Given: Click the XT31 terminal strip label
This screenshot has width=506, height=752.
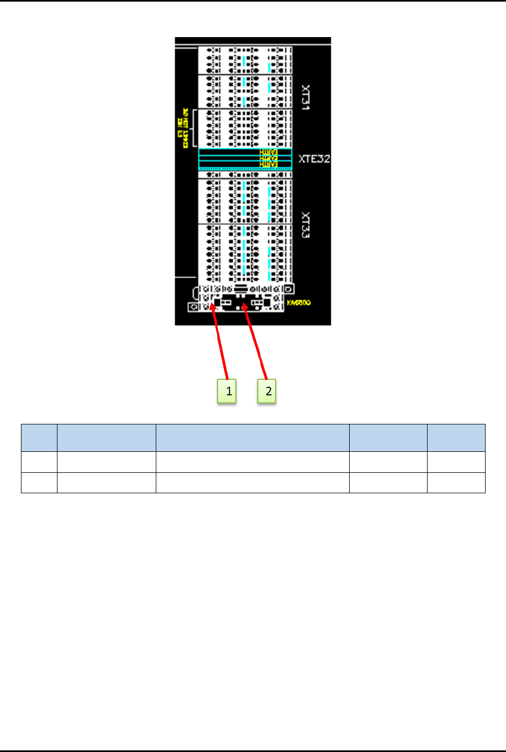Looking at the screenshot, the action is [x=306, y=97].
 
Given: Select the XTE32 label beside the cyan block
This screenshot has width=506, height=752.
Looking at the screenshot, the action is [x=314, y=159].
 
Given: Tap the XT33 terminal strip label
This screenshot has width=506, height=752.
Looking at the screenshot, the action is [x=306, y=225].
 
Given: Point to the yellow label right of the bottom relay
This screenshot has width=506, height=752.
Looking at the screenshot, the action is [x=298, y=303].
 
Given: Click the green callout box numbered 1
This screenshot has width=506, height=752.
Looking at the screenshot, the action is [x=227, y=391].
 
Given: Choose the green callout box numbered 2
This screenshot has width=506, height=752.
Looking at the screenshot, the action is [x=267, y=391].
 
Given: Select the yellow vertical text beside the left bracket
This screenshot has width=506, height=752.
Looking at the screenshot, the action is [x=183, y=128].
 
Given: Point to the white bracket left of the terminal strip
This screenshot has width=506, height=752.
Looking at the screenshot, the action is [x=193, y=129].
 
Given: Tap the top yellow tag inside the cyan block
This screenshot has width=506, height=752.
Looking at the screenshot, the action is [x=269, y=153].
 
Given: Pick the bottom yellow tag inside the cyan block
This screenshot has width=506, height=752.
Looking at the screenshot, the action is [x=269, y=165].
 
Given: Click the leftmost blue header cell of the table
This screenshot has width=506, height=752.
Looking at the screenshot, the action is [x=39, y=438].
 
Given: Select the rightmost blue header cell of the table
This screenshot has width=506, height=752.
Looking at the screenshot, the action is [x=456, y=438].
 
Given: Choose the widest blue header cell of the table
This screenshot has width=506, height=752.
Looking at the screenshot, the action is [x=252, y=438].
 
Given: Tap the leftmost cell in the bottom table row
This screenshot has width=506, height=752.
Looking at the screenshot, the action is [x=39, y=483].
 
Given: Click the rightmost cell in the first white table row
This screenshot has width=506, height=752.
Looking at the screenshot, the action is [x=456, y=462].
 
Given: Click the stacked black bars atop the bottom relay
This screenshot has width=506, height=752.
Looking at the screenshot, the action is [x=241, y=289].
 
